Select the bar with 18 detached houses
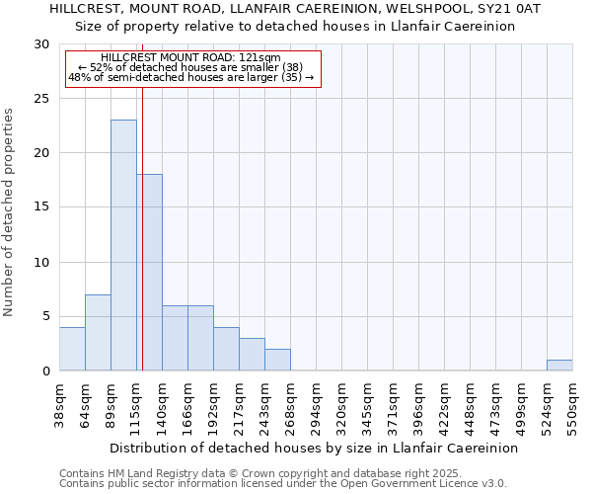coord(149,272)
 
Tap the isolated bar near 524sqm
coord(559,365)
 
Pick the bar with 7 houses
coord(98,332)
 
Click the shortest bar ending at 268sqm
coord(277,360)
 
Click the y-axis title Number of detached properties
coord(10,212)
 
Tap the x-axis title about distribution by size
coord(314,448)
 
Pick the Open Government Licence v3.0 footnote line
coord(283,483)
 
